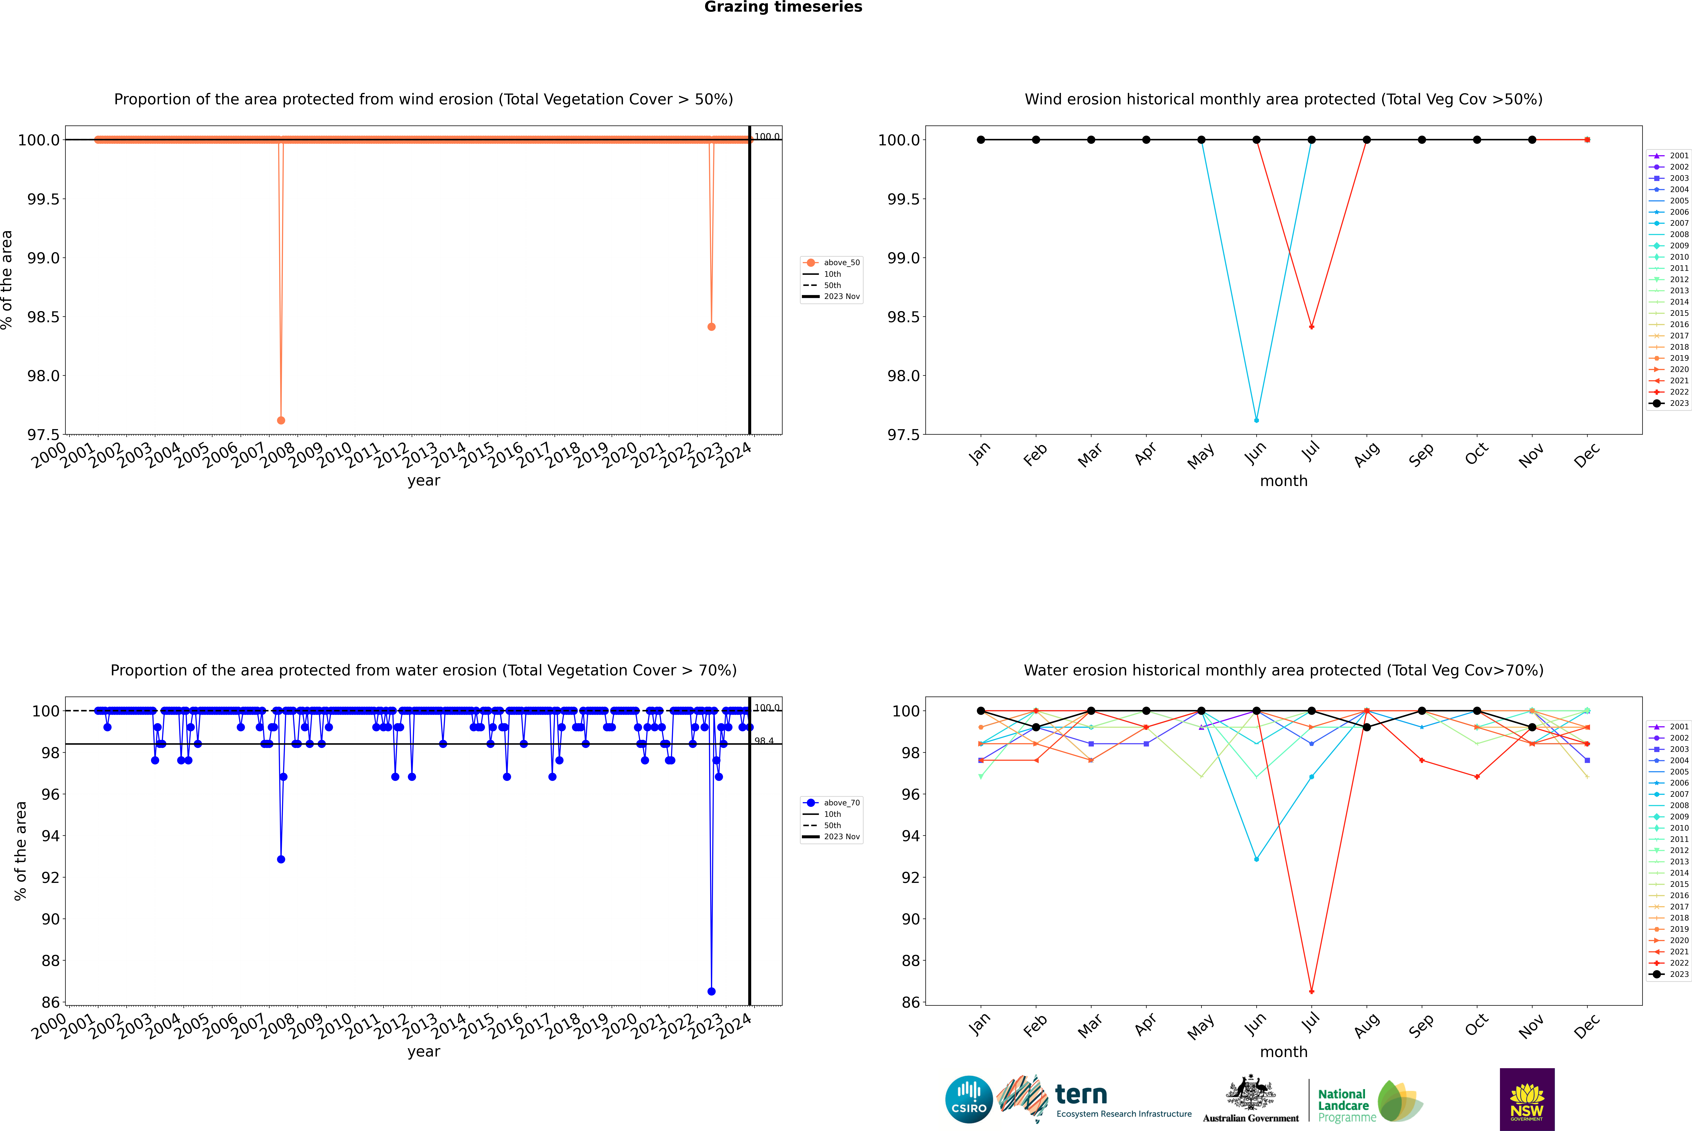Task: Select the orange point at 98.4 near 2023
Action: [x=711, y=327]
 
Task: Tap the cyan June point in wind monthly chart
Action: [x=1256, y=420]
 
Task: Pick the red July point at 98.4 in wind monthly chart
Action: [x=1311, y=327]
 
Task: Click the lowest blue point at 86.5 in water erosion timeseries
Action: [x=711, y=991]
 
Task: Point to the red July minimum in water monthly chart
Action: [x=1311, y=991]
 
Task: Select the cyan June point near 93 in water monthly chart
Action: [x=1256, y=859]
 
